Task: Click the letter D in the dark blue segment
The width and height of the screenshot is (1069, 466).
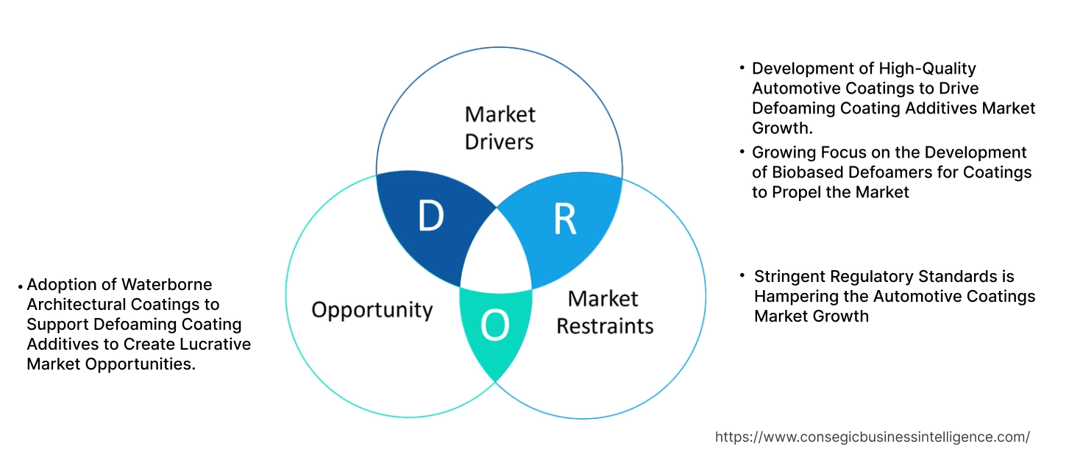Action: [430, 216]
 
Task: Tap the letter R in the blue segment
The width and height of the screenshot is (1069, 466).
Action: [565, 219]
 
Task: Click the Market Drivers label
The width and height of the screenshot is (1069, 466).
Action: [500, 127]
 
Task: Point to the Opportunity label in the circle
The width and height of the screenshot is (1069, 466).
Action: [372, 309]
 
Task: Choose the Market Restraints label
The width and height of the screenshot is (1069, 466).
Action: [604, 312]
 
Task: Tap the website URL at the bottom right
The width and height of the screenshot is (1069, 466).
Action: [872, 437]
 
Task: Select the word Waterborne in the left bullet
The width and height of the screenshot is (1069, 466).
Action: [167, 284]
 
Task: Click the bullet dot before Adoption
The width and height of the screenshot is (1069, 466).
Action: [21, 286]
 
